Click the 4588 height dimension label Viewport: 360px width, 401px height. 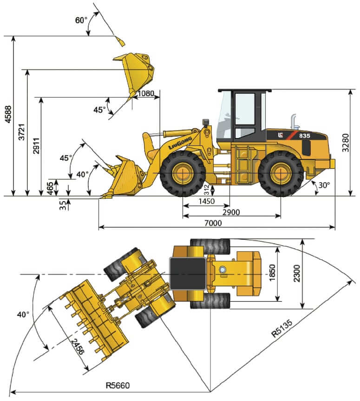click(x=8, y=114)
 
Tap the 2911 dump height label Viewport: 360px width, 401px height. click(x=36, y=146)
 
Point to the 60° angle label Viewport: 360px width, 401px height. click(x=81, y=20)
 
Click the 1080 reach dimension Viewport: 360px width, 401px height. click(x=146, y=93)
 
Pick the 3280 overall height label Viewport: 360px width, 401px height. click(x=345, y=143)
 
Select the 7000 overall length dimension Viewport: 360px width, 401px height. click(x=213, y=223)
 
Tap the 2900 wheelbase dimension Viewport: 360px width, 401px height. click(x=231, y=212)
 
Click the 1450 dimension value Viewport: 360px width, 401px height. click(x=207, y=201)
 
